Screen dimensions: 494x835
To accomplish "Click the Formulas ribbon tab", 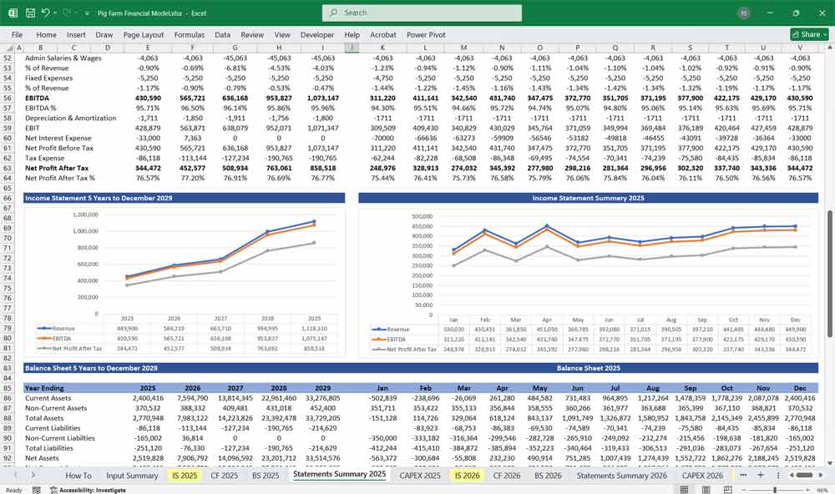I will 189,35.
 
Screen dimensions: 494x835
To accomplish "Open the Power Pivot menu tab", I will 427,35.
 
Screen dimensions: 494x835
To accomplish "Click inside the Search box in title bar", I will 422,13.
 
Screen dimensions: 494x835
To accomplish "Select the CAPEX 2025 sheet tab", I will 420,475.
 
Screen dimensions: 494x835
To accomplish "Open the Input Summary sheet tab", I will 132,475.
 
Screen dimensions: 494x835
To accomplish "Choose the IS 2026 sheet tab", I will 467,475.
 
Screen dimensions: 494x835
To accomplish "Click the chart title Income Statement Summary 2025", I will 588,198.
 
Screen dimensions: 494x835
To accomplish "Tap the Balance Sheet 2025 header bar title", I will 588,368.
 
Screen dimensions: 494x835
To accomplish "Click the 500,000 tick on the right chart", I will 423,215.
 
